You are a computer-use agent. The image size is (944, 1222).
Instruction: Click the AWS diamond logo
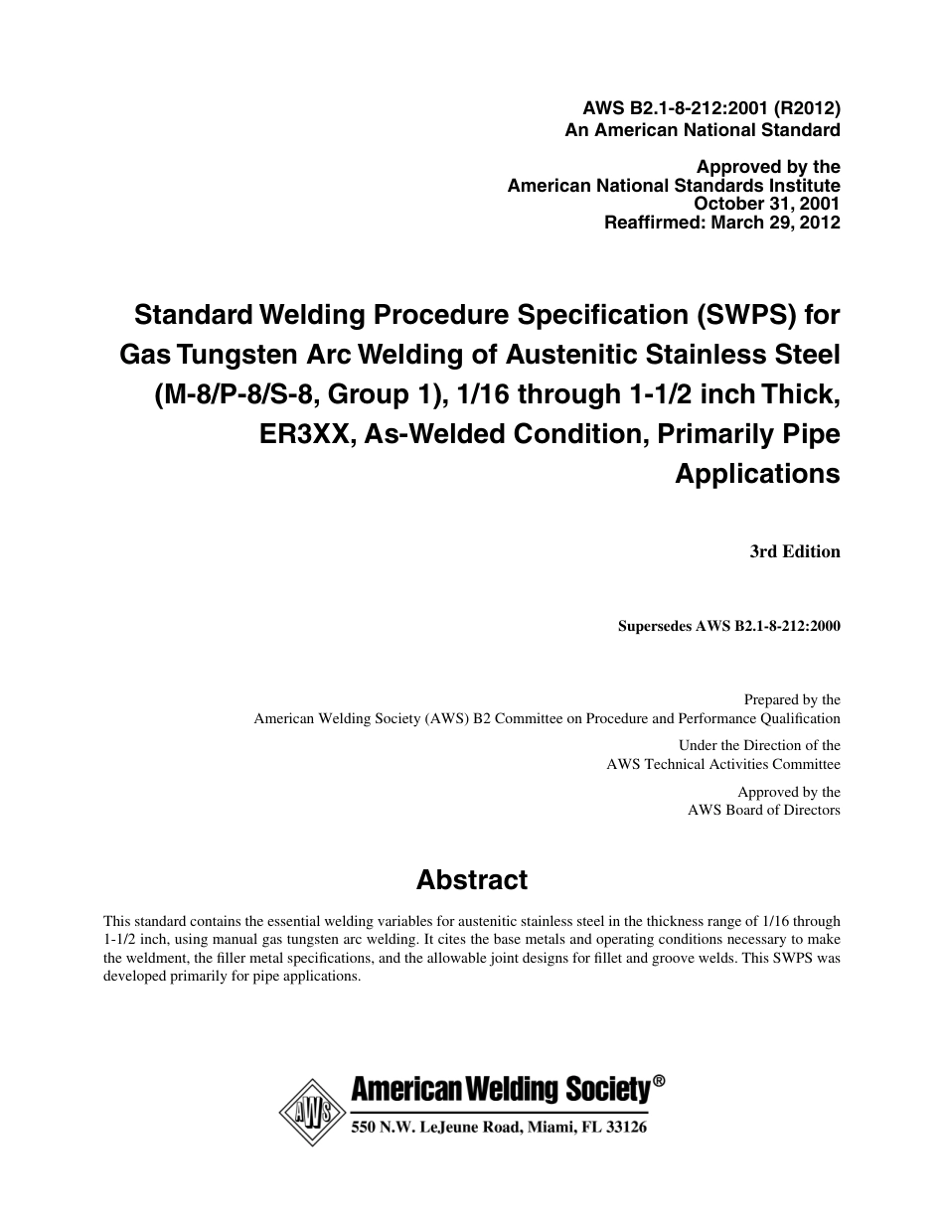310,1113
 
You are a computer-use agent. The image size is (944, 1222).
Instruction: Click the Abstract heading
472,880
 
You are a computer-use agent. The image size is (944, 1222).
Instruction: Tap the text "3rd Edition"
795,551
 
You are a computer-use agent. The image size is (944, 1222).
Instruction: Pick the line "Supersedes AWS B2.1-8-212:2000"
729,627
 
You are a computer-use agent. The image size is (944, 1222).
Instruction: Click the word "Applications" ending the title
757,473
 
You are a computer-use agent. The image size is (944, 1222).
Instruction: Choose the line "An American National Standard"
703,129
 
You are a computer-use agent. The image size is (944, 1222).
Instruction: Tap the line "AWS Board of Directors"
764,810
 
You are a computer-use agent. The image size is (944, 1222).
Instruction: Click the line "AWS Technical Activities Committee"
723,764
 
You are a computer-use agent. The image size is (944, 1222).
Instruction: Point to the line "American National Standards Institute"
674,186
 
